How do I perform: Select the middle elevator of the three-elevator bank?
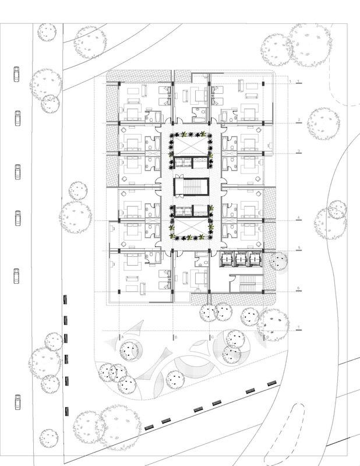240,258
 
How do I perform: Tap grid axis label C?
212,337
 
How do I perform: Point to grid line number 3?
298,151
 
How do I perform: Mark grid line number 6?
298,288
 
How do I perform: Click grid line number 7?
298,326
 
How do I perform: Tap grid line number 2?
298,121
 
